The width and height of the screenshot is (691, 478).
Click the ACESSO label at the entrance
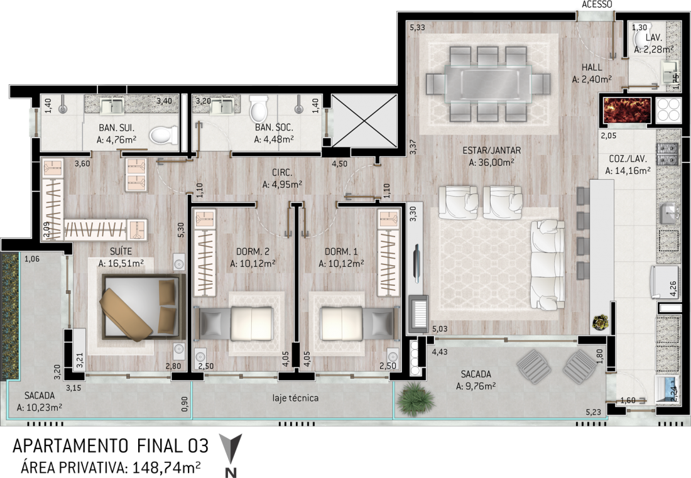[x=597, y=4]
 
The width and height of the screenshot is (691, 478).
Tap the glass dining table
[x=488, y=84]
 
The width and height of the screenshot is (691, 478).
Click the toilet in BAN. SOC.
[x=258, y=109]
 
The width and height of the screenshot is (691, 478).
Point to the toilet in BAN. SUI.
[x=163, y=135]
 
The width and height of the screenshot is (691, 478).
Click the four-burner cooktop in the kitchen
[x=668, y=110]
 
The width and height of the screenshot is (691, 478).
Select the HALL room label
[x=591, y=67]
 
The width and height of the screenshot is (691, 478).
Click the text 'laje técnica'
[x=295, y=398]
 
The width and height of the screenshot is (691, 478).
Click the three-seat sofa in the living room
[x=548, y=264]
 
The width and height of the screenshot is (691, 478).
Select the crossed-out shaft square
[x=364, y=120]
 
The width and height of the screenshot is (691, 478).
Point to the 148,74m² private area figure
[x=168, y=467]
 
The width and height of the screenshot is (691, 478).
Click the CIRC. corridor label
[x=282, y=173]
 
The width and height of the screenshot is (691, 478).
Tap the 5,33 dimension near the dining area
[x=417, y=27]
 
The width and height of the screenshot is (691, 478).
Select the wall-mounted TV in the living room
[x=417, y=263]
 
